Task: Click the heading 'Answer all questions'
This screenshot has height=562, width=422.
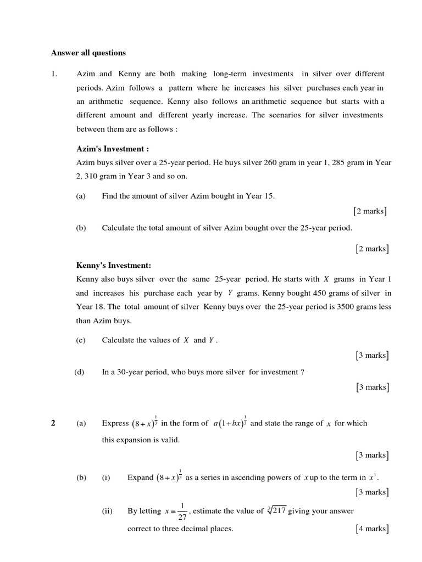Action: (88, 53)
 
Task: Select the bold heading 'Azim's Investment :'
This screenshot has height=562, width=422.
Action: (112, 149)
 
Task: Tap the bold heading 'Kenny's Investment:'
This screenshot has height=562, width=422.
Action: (113, 265)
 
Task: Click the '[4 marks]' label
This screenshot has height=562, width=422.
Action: (372, 529)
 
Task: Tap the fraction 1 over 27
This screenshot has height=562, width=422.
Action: (182, 512)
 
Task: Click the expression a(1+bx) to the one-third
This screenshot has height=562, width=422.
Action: (230, 423)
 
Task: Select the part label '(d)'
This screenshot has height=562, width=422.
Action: (80, 372)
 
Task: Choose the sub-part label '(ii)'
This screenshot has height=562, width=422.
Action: (107, 511)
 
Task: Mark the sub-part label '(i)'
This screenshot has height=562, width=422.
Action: (106, 477)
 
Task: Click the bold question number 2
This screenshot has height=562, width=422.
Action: (53, 423)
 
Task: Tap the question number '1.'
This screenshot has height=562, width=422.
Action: (54, 74)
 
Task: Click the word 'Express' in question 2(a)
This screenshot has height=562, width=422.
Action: (114, 423)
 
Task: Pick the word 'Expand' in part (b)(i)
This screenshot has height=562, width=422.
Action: (140, 477)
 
